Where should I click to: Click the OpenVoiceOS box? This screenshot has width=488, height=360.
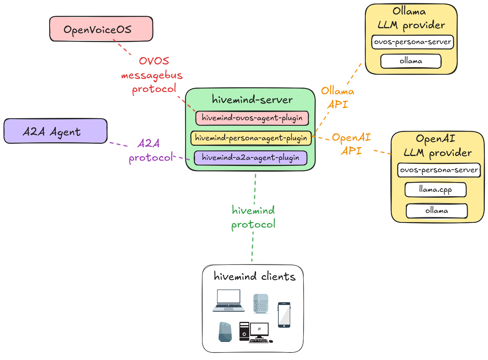click(x=101, y=29)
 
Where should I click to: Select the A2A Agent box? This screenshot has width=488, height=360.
click(x=55, y=131)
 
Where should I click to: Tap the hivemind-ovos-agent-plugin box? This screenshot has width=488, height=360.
click(x=252, y=118)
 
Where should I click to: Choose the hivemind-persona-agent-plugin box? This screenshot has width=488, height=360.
click(x=251, y=138)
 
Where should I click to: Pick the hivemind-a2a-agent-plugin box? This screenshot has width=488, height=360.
click(x=250, y=158)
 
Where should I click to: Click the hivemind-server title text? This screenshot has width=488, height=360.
click(x=252, y=99)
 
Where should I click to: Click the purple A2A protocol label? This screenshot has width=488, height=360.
click(x=150, y=151)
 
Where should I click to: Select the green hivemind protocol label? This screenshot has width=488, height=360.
click(x=253, y=217)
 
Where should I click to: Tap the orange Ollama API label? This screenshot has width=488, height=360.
click(x=337, y=98)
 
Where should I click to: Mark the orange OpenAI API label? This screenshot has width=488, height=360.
click(x=351, y=144)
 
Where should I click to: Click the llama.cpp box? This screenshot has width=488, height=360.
click(x=435, y=190)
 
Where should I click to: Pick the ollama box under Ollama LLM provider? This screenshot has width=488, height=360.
click(x=411, y=61)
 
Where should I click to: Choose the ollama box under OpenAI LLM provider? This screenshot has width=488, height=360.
click(x=436, y=211)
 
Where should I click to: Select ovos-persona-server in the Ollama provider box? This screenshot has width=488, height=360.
click(x=412, y=42)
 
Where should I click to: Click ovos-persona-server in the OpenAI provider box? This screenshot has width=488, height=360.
click(x=439, y=170)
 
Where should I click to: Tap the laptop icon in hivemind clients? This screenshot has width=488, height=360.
click(x=228, y=301)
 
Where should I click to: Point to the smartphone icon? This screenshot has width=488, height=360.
click(x=284, y=315)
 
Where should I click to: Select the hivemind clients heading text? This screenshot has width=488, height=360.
click(x=254, y=277)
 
